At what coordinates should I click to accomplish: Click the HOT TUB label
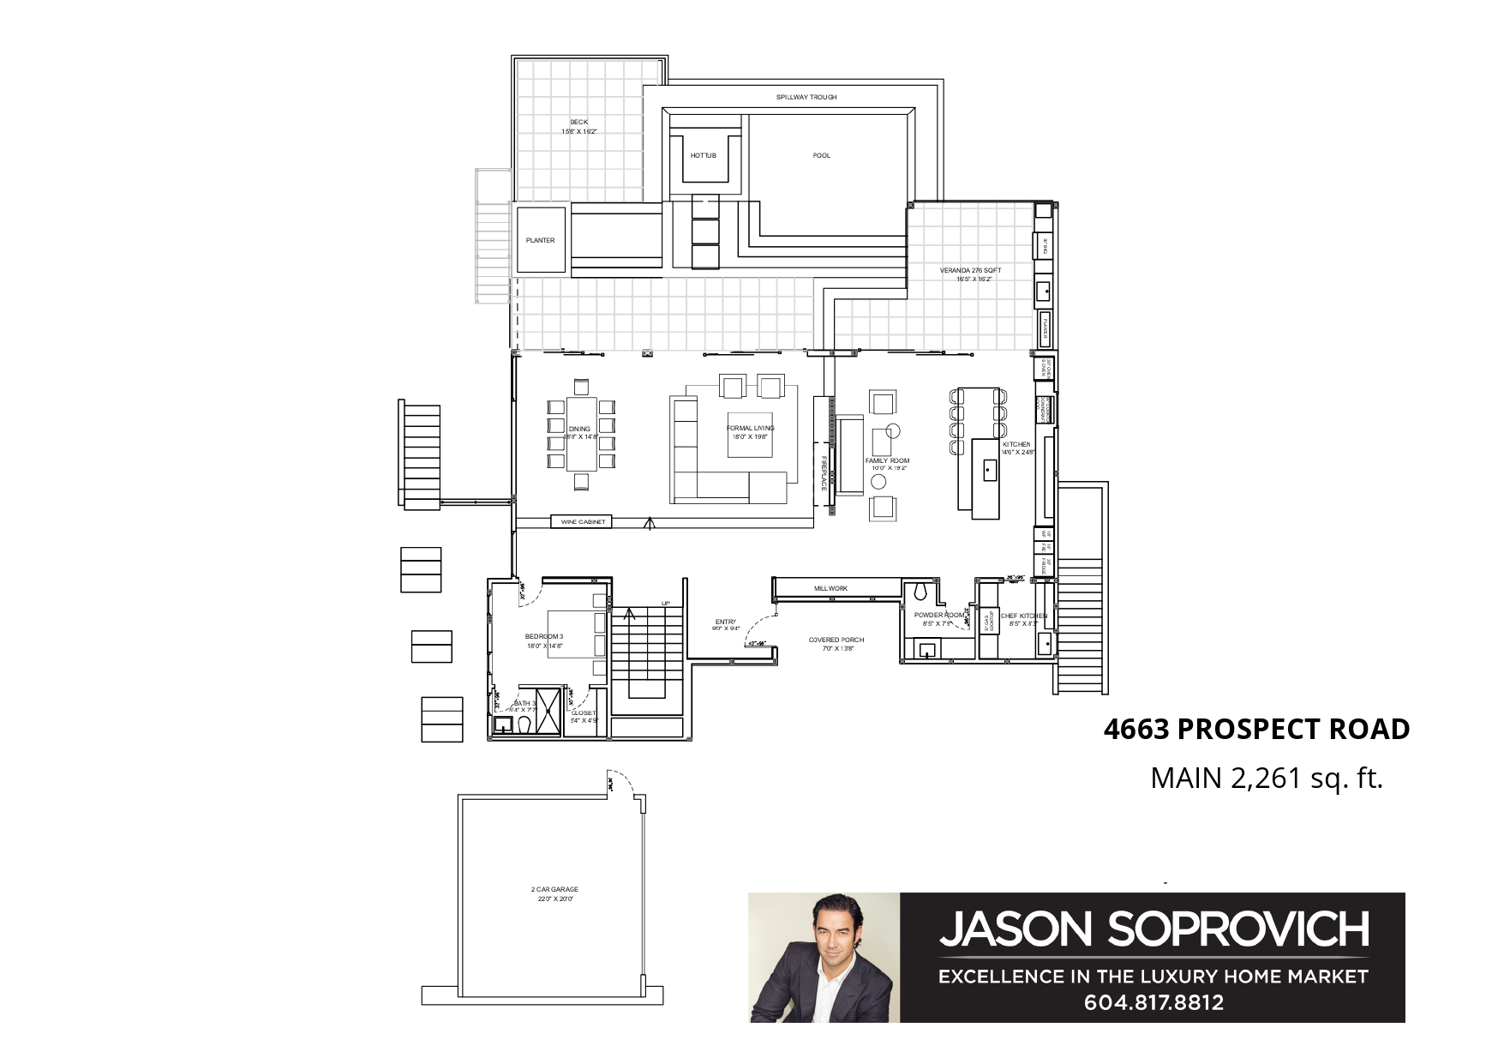[703, 155]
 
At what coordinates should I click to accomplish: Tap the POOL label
[821, 155]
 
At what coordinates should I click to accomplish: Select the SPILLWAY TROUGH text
[806, 97]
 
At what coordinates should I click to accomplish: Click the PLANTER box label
[540, 240]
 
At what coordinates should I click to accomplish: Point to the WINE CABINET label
[583, 521]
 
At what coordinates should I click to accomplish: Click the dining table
[582, 433]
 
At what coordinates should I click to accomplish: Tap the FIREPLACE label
[824, 472]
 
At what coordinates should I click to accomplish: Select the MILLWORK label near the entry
[830, 588]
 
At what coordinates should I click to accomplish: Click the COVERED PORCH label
[836, 640]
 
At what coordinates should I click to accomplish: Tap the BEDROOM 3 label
[543, 635]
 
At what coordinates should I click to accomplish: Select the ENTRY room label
[725, 622]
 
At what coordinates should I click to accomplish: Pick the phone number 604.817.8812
[1153, 1001]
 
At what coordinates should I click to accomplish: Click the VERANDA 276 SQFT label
[970, 270]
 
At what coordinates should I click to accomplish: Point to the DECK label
[578, 122]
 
